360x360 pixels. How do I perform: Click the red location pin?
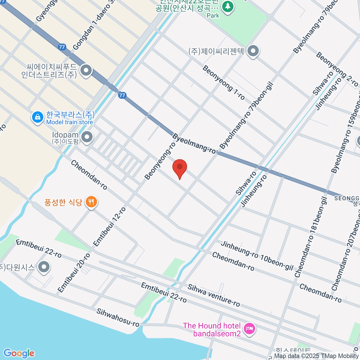pos(180,167)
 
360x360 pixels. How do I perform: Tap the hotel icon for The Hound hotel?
pos(250,329)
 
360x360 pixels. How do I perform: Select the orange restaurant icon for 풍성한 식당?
pos(91,202)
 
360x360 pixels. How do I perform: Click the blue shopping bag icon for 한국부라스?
pos(37,117)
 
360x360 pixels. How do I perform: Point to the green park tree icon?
pos(228,6)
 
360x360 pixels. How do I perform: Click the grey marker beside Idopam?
pos(87,137)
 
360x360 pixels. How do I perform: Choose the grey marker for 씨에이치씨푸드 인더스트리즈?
pos(86,71)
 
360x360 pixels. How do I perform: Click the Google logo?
pos(19,353)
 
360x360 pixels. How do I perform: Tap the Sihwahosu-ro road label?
pos(118,317)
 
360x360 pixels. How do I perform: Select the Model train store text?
pos(70,122)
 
